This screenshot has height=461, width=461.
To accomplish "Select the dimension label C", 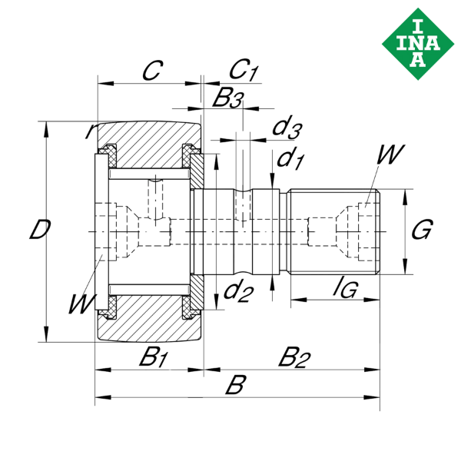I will [152, 71].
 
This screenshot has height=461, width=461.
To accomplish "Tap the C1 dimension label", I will [244, 71].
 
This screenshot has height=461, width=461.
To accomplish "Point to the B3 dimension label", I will [228, 98].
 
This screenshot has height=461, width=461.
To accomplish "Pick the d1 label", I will [289, 159].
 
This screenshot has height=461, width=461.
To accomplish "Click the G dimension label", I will [422, 230].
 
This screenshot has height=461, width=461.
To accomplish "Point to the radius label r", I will [91, 131].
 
